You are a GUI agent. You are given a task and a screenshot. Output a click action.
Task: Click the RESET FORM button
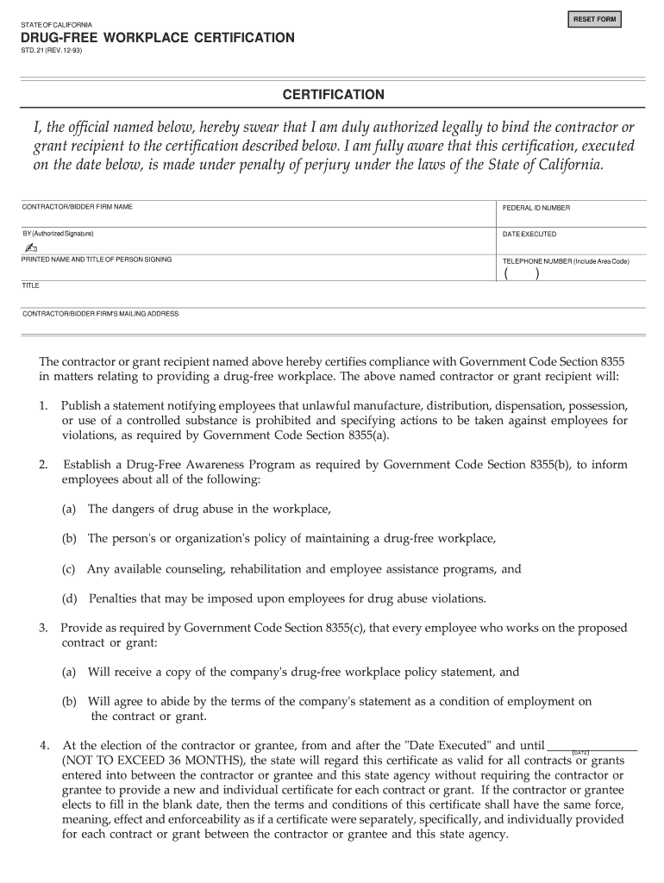593,19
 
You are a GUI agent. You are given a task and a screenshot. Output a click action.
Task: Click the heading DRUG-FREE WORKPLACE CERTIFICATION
158,39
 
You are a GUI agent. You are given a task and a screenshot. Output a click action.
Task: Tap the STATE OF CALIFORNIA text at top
58,24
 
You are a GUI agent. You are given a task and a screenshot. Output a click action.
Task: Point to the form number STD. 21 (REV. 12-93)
53,51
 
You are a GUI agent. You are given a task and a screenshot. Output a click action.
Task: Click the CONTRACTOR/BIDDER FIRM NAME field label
77,207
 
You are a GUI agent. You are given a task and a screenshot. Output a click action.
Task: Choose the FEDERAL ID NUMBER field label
536,208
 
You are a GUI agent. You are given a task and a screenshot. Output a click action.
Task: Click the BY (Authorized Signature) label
58,234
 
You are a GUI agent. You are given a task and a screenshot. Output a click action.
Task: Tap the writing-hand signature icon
32,247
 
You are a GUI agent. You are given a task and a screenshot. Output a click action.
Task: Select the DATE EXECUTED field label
529,235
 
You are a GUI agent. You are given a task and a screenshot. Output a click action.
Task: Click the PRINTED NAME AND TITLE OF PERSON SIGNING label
97,260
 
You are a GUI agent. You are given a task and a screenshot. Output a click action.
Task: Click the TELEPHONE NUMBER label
566,260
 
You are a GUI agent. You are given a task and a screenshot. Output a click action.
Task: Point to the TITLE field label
31,285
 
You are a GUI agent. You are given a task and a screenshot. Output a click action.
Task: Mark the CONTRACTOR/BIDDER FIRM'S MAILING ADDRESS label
100,314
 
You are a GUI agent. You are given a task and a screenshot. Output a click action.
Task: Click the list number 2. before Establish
43,465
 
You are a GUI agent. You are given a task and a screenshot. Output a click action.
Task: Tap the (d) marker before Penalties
69,598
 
